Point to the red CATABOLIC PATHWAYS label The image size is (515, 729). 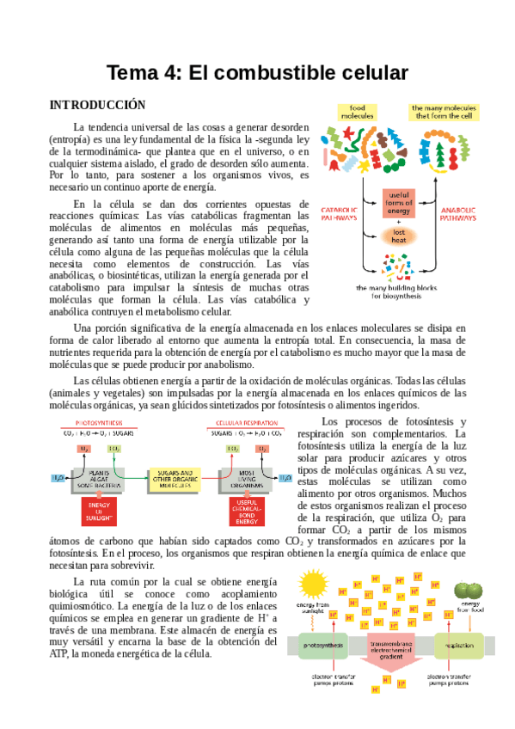(x=339, y=214)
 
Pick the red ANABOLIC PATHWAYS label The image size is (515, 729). (x=457, y=214)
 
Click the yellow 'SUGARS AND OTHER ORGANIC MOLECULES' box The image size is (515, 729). (x=176, y=477)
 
